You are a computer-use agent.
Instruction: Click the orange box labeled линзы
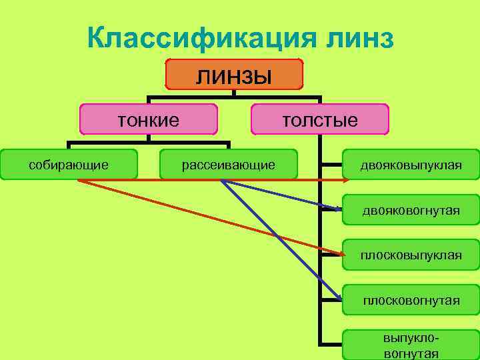coord(234,74)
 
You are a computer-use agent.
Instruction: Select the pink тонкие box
coord(149,120)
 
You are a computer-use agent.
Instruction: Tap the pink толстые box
coord(320,120)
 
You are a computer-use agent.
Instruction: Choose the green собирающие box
coord(69,164)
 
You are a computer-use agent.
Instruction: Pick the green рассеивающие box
coord(229,164)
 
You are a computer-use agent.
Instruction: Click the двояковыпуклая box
coord(411,164)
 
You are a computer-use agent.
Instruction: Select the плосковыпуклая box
coord(411,255)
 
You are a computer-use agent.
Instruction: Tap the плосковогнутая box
coord(411,300)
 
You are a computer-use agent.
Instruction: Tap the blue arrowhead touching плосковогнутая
coord(337,296)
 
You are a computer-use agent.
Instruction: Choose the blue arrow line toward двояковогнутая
coord(280,195)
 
